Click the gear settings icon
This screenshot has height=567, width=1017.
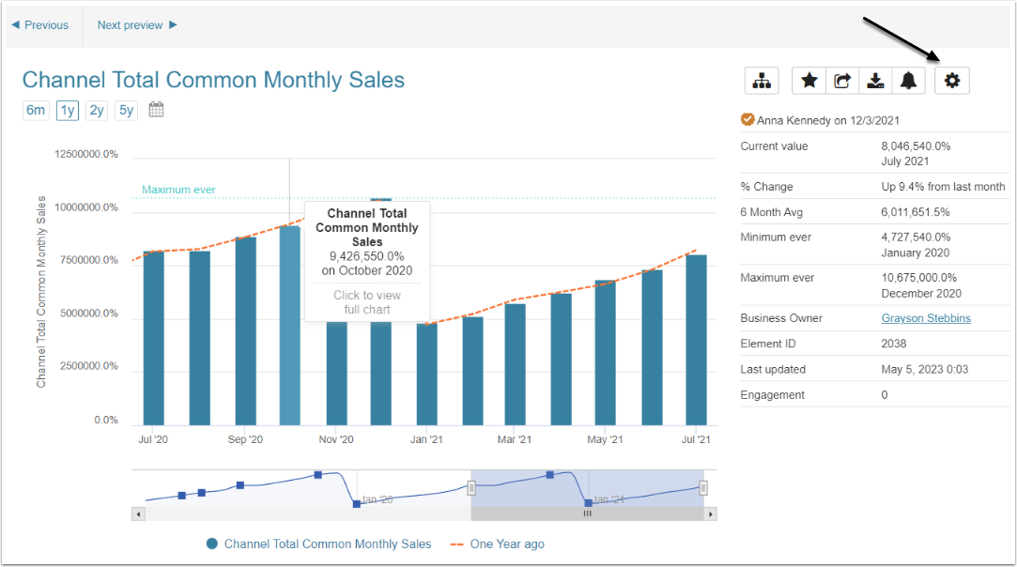click(x=952, y=81)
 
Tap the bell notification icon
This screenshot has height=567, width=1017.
click(x=908, y=81)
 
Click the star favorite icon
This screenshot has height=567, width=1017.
click(x=809, y=81)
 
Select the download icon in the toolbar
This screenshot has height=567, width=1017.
click(x=875, y=81)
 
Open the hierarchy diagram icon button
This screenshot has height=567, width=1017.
click(x=762, y=81)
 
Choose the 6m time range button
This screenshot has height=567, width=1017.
click(x=36, y=111)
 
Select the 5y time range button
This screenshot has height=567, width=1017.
click(x=126, y=111)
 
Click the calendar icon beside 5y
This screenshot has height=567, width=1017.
click(x=157, y=110)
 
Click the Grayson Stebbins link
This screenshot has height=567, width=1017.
click(x=926, y=318)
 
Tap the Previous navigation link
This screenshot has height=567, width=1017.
click(x=40, y=25)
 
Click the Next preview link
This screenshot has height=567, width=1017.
click(x=137, y=25)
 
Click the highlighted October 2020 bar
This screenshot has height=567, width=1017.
click(x=290, y=325)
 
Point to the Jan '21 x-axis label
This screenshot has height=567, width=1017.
click(x=427, y=439)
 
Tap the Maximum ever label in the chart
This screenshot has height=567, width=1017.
click(x=178, y=190)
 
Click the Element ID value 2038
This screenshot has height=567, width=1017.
click(x=893, y=344)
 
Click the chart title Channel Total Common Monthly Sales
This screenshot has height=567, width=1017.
click(x=213, y=80)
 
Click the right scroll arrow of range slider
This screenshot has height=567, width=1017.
click(x=711, y=513)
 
